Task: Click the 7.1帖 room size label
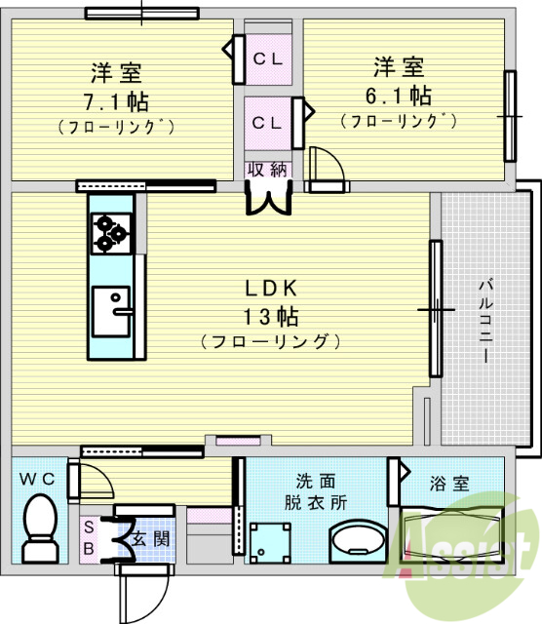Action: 115,99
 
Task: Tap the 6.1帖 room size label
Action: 400,95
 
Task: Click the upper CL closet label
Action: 268,58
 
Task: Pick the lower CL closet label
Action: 268,122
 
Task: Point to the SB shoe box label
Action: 89,537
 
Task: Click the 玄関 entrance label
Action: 149,538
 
